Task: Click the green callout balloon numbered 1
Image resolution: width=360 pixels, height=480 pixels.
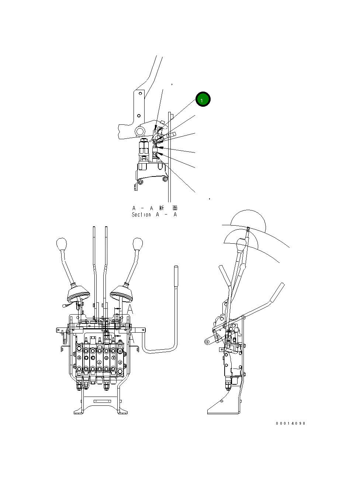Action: click(203, 99)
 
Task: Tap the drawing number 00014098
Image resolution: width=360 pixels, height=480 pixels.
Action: click(290, 424)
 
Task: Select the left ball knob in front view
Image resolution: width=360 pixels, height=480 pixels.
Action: click(61, 244)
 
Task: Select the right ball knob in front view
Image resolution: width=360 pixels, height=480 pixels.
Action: click(138, 244)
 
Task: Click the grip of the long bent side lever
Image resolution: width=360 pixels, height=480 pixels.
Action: click(176, 276)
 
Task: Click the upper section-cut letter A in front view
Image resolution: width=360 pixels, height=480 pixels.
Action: click(130, 309)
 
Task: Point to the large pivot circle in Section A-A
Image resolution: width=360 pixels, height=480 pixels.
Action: click(140, 131)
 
